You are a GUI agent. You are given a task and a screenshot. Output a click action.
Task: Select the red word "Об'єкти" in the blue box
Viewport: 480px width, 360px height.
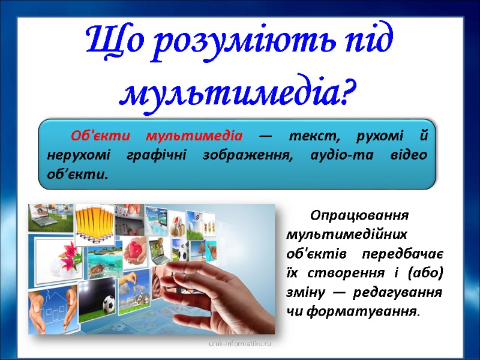(x=97, y=135)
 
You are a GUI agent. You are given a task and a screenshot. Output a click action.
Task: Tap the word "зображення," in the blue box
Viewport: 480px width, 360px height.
(x=239, y=155)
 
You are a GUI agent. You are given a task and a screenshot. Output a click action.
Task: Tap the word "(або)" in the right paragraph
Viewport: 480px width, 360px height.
(x=425, y=273)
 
